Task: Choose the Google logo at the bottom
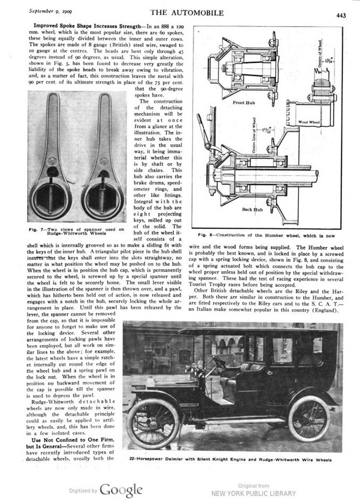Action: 121,490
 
